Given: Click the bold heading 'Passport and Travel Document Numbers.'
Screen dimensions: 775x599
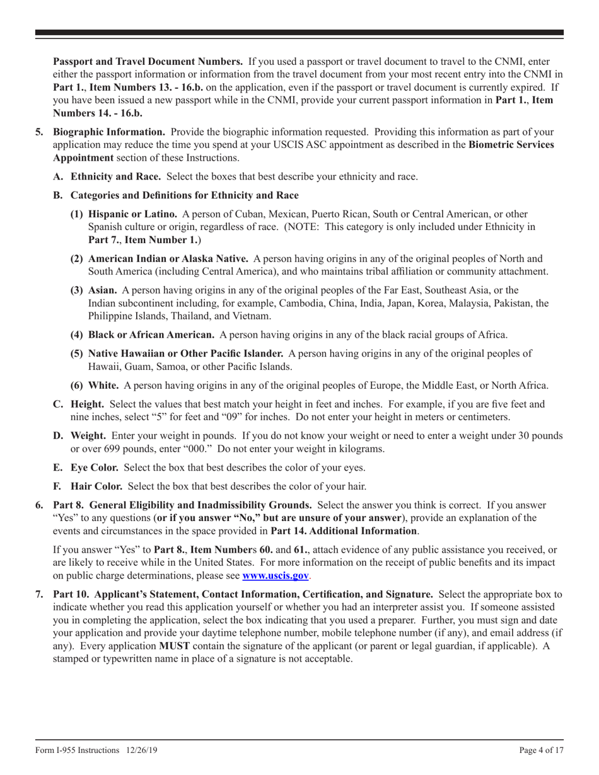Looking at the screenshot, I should tap(148, 62).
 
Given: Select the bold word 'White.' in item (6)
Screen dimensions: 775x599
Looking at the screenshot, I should tap(103, 386).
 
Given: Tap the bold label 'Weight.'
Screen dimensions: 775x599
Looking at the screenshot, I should tap(88, 435).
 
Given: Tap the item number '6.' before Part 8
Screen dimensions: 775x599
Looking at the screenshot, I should tap(40, 505).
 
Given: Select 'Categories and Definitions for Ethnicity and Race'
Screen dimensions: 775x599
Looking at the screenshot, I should tap(184, 195).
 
